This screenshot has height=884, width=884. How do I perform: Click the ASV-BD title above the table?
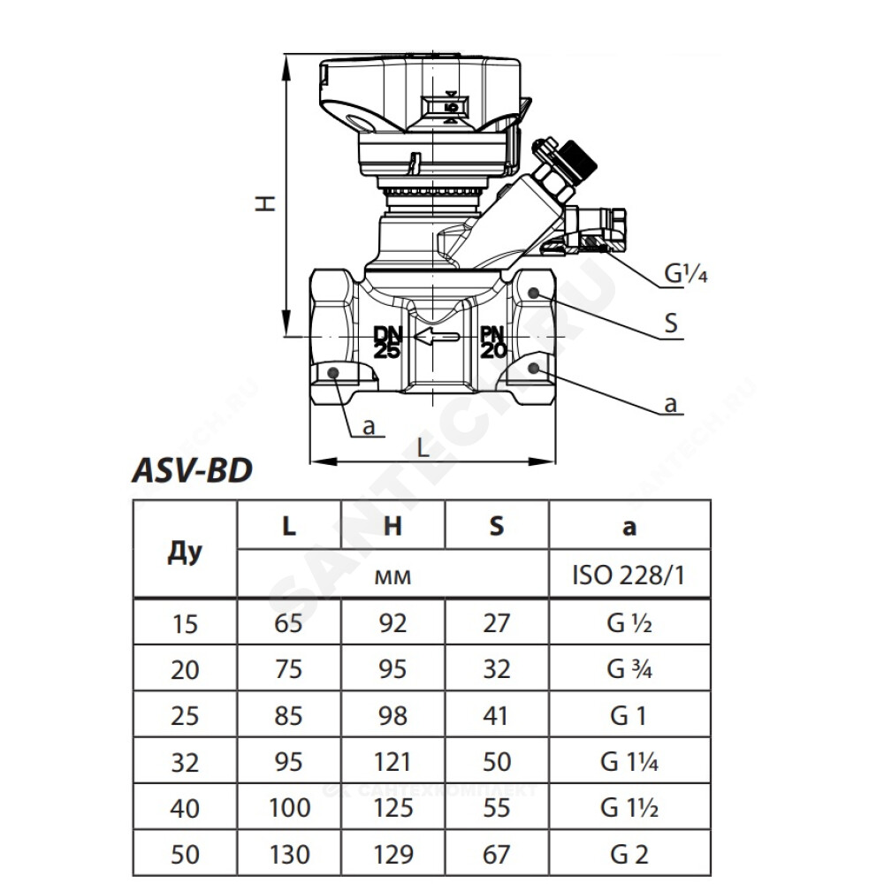tap(192, 471)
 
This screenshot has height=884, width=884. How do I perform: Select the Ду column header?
tap(185, 552)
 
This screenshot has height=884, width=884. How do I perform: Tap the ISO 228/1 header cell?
tap(629, 575)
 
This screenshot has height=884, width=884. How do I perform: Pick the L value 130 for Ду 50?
tap(289, 854)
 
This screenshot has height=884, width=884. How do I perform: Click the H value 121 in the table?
tap(392, 762)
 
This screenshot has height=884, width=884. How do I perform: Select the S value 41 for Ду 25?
tap(496, 715)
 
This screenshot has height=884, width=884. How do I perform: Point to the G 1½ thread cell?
tap(629, 808)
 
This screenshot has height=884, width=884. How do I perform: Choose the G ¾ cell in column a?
tap(629, 669)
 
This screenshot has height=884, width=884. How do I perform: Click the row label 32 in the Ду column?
tap(185, 762)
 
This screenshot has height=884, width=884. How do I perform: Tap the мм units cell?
tap(392, 576)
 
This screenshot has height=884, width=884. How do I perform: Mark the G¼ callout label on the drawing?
tap(686, 273)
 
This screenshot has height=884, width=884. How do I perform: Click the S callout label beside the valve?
tap(671, 324)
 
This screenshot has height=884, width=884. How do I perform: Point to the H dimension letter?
tap(265, 202)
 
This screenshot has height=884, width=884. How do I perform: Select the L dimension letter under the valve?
tap(423, 448)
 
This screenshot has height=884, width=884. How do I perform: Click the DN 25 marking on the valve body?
tap(387, 342)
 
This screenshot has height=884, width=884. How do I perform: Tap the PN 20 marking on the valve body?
tap(493, 342)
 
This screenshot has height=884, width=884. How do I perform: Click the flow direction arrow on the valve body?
tap(437, 337)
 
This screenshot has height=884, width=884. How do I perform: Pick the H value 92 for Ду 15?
tap(392, 623)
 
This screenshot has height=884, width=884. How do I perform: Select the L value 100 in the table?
tap(289, 808)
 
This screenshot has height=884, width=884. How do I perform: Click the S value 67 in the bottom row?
tap(496, 854)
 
